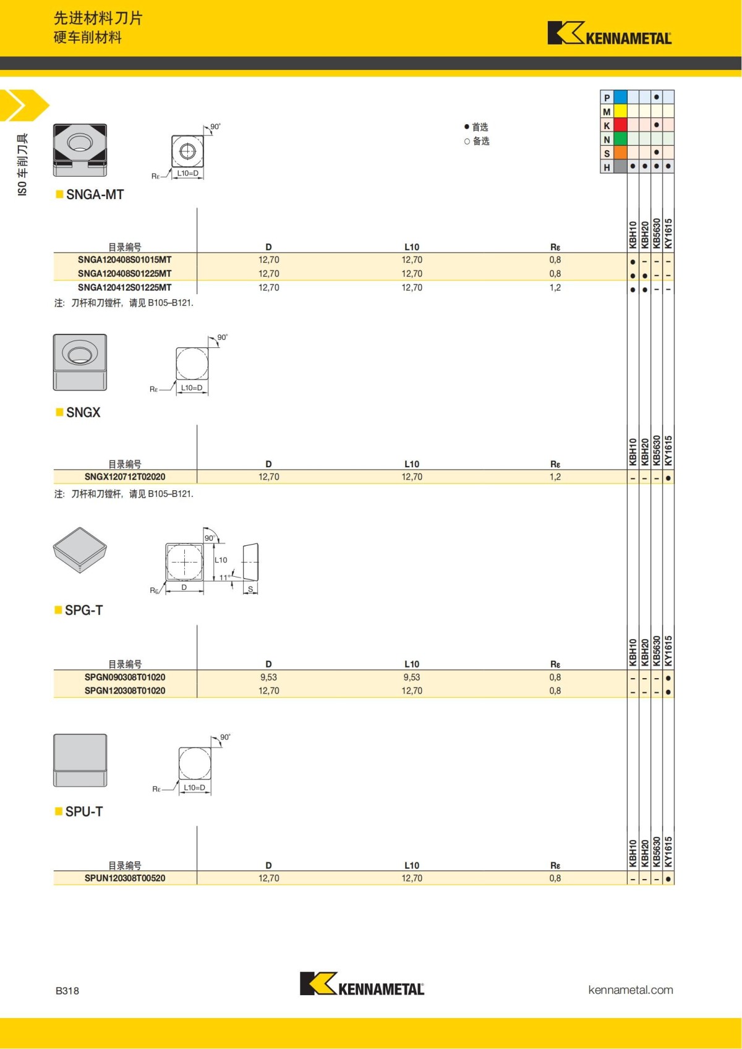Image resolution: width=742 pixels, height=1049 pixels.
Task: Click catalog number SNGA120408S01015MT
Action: coord(124,260)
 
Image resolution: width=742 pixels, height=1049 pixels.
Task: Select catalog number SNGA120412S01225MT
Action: coord(124,287)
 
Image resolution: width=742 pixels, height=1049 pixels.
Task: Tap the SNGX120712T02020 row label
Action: coord(124,477)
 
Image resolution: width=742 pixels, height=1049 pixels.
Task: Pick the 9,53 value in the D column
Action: coord(268,677)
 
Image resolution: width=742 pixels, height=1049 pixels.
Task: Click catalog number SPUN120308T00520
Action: coord(124,878)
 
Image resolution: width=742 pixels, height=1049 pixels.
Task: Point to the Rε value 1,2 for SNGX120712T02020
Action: coord(555,477)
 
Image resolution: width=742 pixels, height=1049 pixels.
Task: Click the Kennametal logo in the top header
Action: coord(609,33)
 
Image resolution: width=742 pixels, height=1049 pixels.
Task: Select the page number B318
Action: coord(67,991)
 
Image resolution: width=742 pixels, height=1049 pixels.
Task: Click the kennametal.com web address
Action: coord(630,990)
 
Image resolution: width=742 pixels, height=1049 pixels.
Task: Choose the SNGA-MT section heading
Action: coord(95,195)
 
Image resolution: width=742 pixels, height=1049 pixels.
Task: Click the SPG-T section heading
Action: coord(83,610)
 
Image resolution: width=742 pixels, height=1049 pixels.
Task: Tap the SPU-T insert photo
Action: coord(80,760)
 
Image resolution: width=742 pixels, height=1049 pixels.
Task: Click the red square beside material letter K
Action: coord(620,125)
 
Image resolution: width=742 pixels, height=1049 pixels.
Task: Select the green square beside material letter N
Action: coord(620,139)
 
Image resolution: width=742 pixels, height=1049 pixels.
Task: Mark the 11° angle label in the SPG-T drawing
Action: coord(224,577)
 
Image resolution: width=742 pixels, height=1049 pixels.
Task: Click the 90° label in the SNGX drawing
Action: coord(222,338)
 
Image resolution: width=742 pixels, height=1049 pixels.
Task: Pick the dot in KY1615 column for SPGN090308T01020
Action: coord(668,678)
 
